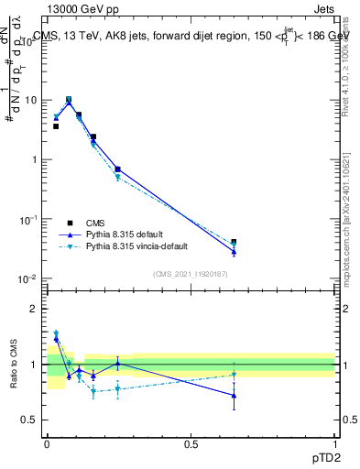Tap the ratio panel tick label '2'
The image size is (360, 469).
tap(36, 309)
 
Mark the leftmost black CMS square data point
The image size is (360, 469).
tap(56, 126)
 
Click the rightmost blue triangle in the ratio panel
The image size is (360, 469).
tap(234, 396)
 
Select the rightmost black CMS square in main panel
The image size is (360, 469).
tap(234, 243)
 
